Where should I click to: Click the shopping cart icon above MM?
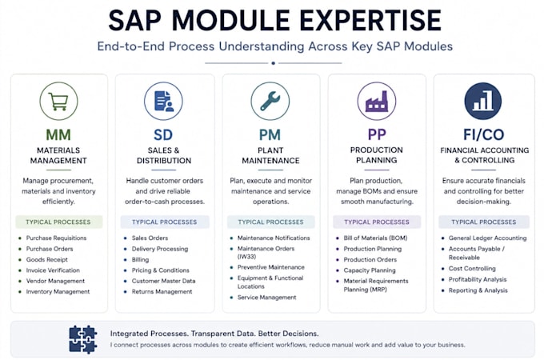[x=58, y=102]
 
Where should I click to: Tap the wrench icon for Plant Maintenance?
[x=270, y=102]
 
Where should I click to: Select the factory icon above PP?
[x=377, y=102]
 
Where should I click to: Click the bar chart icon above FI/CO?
[x=483, y=102]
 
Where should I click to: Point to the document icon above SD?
[x=163, y=102]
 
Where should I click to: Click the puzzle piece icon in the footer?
[x=83, y=339]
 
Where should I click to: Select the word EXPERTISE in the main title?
[x=370, y=21]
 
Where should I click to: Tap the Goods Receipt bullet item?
[x=47, y=259]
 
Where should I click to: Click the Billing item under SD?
[x=140, y=259]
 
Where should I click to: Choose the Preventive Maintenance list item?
[x=271, y=267]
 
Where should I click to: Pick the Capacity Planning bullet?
[x=370, y=270]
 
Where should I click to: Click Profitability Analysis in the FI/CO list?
[x=478, y=279]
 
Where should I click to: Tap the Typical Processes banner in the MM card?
[x=58, y=222]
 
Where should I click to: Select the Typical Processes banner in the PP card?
[x=377, y=222]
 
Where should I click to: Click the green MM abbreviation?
[x=58, y=134]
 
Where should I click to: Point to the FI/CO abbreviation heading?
[x=484, y=134]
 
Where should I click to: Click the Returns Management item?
[x=162, y=292]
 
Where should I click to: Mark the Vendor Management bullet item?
[x=55, y=281]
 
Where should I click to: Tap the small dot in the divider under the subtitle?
[x=274, y=63]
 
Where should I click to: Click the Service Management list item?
[x=266, y=298]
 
